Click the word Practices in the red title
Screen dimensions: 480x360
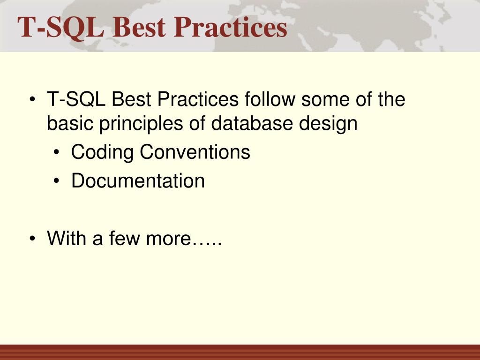coord(231,27)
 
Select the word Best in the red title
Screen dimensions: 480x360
coord(139,27)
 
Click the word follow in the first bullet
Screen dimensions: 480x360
coord(270,99)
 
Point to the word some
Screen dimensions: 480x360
coord(325,100)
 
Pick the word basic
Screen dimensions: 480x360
coord(70,123)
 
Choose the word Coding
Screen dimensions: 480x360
coord(102,152)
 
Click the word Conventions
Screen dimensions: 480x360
coord(195,152)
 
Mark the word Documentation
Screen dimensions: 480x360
coord(138,180)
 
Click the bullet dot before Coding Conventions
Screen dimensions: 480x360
coord(56,152)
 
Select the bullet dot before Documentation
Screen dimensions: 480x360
coord(56,181)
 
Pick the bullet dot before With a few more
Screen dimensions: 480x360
coord(32,239)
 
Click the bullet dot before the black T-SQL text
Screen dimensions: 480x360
coord(32,99)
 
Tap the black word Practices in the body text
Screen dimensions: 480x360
coord(198,99)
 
